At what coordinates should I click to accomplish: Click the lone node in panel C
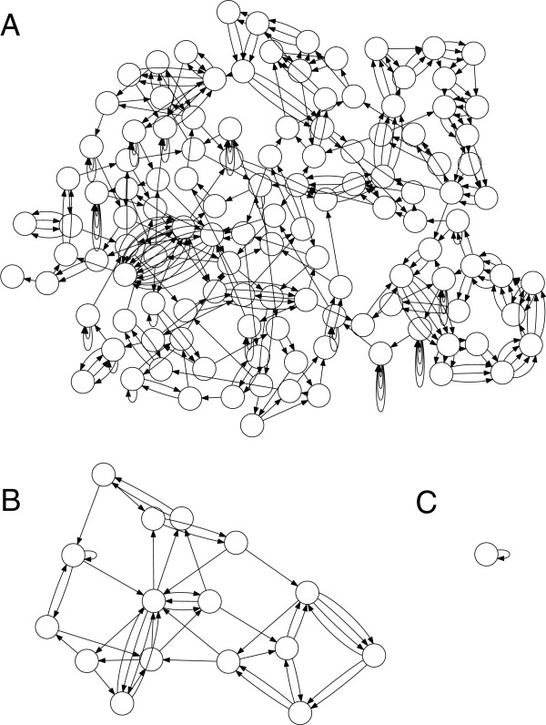(486, 553)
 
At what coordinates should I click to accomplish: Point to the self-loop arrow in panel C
(505, 553)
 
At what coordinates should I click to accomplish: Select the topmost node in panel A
(229, 12)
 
